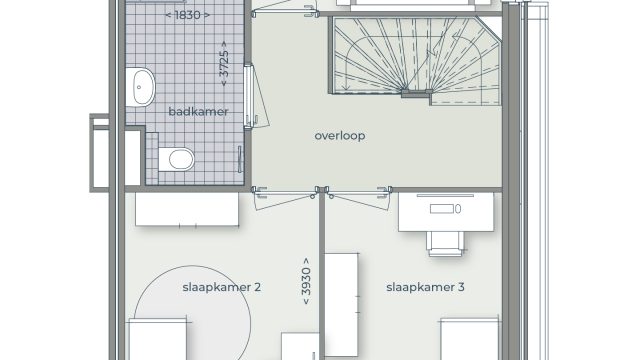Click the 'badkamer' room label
pyautogui.click(x=198, y=111)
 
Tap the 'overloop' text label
pyautogui.click(x=340, y=136)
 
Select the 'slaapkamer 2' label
pyautogui.click(x=221, y=287)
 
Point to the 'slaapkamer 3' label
pyautogui.click(x=425, y=287)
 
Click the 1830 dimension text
pyautogui.click(x=188, y=15)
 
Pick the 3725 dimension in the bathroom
pyautogui.click(x=224, y=64)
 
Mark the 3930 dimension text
pyautogui.click(x=306, y=281)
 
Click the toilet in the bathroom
pyautogui.click(x=176, y=159)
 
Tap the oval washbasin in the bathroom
pyautogui.click(x=140, y=87)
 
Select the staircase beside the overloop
pyautogui.click(x=416, y=60)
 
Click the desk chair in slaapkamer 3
pyautogui.click(x=445, y=244)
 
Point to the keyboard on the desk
pyautogui.click(x=442, y=209)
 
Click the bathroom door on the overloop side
pyautogui.click(x=248, y=97)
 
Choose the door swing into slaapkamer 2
pyautogui.click(x=284, y=198)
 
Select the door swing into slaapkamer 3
pyautogui.click(x=359, y=198)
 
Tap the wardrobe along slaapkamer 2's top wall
pyautogui.click(x=187, y=209)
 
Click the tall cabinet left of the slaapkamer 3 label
pyautogui.click(x=341, y=304)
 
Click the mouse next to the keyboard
pyautogui.click(x=458, y=209)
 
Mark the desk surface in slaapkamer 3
pyautogui.click(x=446, y=212)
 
